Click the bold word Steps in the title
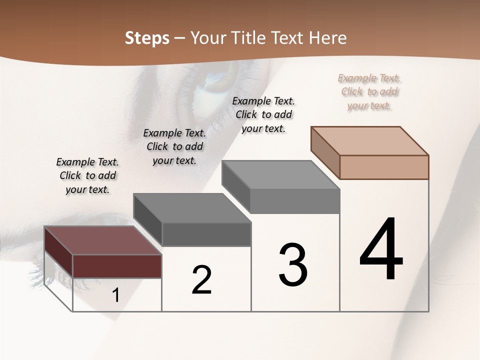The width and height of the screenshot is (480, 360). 147,38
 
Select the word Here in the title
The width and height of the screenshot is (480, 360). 328,38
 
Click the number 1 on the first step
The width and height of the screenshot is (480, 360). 116,295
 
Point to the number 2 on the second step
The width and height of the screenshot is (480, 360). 201,280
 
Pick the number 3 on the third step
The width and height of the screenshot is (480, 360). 293,265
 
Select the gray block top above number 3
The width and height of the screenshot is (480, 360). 280,174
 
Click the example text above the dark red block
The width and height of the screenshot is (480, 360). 87,175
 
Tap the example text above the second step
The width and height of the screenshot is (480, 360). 174,146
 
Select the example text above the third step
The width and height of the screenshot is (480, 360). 263,114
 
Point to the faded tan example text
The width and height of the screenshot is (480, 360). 369,91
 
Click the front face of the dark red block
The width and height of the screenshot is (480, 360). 117,266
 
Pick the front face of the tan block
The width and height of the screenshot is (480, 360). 384,167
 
